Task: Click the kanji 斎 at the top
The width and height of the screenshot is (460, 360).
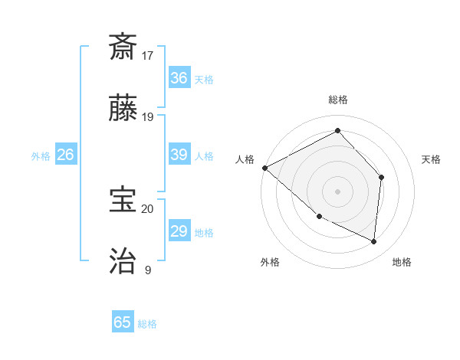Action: tap(123, 47)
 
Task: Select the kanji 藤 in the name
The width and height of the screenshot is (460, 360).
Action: tap(123, 110)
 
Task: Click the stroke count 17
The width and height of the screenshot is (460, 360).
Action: tap(148, 55)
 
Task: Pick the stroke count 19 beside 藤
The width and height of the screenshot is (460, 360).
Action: tap(148, 117)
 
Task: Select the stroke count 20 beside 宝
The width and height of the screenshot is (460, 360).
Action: tap(148, 208)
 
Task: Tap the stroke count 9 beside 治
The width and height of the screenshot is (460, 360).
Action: tap(148, 270)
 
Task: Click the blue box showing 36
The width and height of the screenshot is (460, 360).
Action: tap(179, 78)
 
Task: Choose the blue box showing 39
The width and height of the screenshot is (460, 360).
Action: tap(179, 155)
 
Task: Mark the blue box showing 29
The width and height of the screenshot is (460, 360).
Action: tap(179, 231)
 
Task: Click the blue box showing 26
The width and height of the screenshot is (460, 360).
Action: tap(65, 155)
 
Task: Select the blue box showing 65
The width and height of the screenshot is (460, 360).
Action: tap(123, 322)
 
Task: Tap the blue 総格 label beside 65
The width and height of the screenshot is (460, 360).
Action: tap(147, 324)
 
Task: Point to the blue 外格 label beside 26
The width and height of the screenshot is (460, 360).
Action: tap(41, 156)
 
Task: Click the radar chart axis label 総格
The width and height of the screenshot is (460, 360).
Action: tap(337, 100)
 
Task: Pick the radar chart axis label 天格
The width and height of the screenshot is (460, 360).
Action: tap(431, 159)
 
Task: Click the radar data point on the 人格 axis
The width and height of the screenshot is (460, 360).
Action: tap(264, 168)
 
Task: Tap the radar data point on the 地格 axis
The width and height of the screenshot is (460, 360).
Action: tap(373, 241)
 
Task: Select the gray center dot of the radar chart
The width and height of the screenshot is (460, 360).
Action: tap(337, 191)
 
